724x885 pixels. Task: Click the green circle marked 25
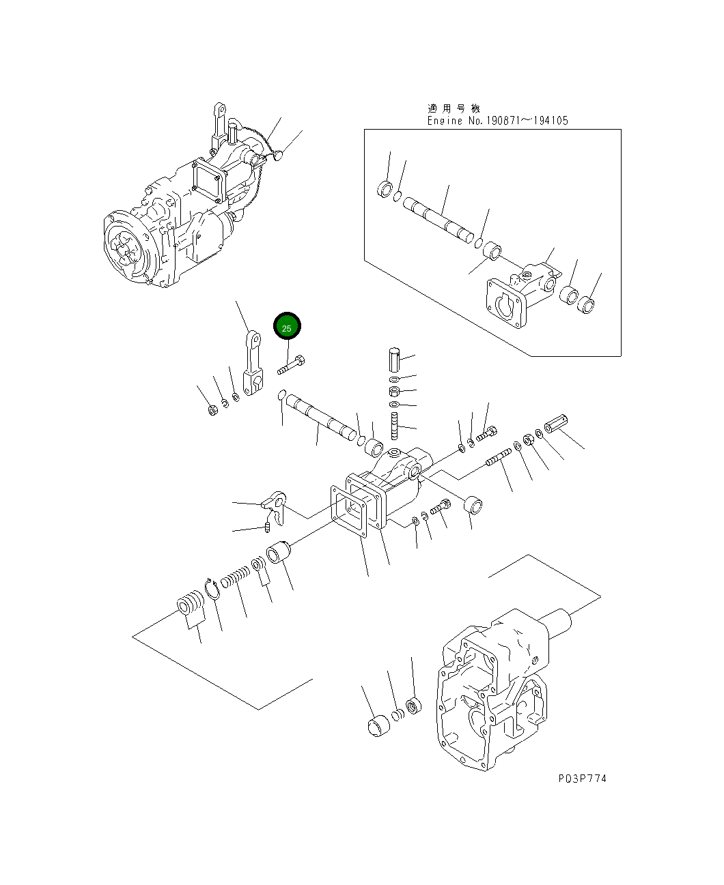287,328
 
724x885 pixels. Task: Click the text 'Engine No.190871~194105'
497,121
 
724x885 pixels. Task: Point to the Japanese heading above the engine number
454,108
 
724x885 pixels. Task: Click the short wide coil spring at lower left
190,604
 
